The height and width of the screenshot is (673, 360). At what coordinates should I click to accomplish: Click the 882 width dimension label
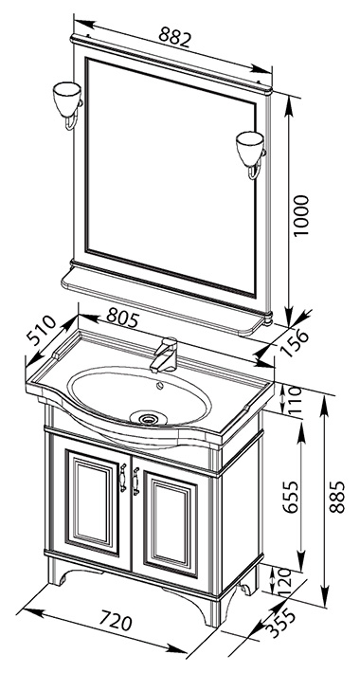tap(174, 37)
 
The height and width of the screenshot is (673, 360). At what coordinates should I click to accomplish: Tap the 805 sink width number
tap(122, 319)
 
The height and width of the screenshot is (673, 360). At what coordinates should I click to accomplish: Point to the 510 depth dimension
tap(41, 331)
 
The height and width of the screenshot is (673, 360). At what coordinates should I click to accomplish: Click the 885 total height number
tap(337, 497)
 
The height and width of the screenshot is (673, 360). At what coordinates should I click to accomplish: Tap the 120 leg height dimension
tap(284, 579)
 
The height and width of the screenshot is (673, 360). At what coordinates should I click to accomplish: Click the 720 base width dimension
tap(115, 622)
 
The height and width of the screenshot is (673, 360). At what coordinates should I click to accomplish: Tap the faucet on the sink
tap(164, 355)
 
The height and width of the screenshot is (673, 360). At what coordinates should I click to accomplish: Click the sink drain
tap(148, 417)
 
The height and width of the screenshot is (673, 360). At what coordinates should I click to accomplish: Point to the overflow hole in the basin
tap(161, 386)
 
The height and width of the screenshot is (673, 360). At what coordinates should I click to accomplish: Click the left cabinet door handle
tap(123, 478)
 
